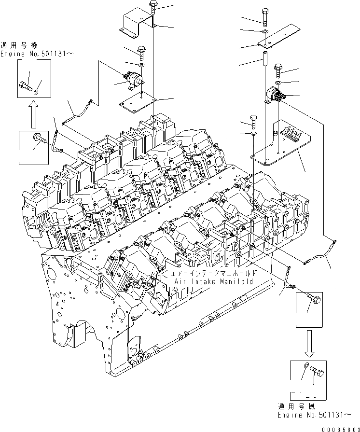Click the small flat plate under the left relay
tap(137, 102)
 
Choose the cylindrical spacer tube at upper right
tap(265, 61)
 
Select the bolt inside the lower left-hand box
tap(39, 139)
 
